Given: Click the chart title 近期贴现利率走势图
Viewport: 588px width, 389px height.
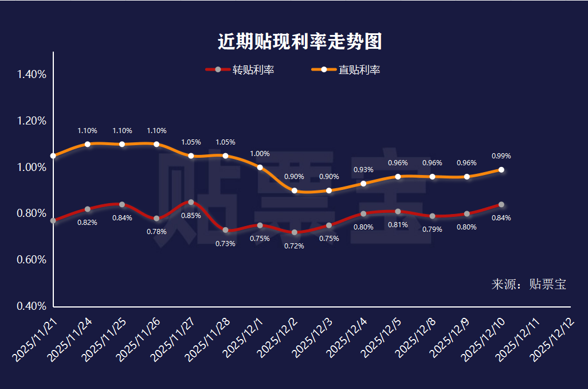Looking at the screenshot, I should point(300,41).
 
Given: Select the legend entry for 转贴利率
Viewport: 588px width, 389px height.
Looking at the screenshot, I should point(241,70).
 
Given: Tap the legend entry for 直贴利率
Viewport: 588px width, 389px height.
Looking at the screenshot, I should point(347,70).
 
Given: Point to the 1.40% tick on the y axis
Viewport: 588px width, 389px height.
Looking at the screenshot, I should point(32,75).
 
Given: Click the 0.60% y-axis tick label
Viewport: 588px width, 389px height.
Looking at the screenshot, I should point(32,260).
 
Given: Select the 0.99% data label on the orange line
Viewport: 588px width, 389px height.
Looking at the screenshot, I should point(501,156).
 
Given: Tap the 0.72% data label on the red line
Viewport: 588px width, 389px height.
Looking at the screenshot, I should point(294,246).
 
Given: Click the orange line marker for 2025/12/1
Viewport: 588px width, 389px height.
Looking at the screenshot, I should point(260,168).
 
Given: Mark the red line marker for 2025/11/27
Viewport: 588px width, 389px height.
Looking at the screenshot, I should point(191,202).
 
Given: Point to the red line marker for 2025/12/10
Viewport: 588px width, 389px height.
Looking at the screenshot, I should point(501,205).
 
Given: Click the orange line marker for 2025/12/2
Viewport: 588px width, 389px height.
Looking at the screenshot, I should point(295,190).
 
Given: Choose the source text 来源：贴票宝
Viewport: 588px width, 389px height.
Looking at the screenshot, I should point(528,285).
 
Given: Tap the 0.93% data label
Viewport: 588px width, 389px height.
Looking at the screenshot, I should point(363,170).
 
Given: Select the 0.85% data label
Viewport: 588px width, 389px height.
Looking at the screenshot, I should point(191,216).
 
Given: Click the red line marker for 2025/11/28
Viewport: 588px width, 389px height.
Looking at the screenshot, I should point(225,230).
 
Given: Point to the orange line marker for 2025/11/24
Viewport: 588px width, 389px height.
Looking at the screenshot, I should point(87,144).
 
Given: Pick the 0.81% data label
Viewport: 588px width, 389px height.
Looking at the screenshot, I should point(398,225).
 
